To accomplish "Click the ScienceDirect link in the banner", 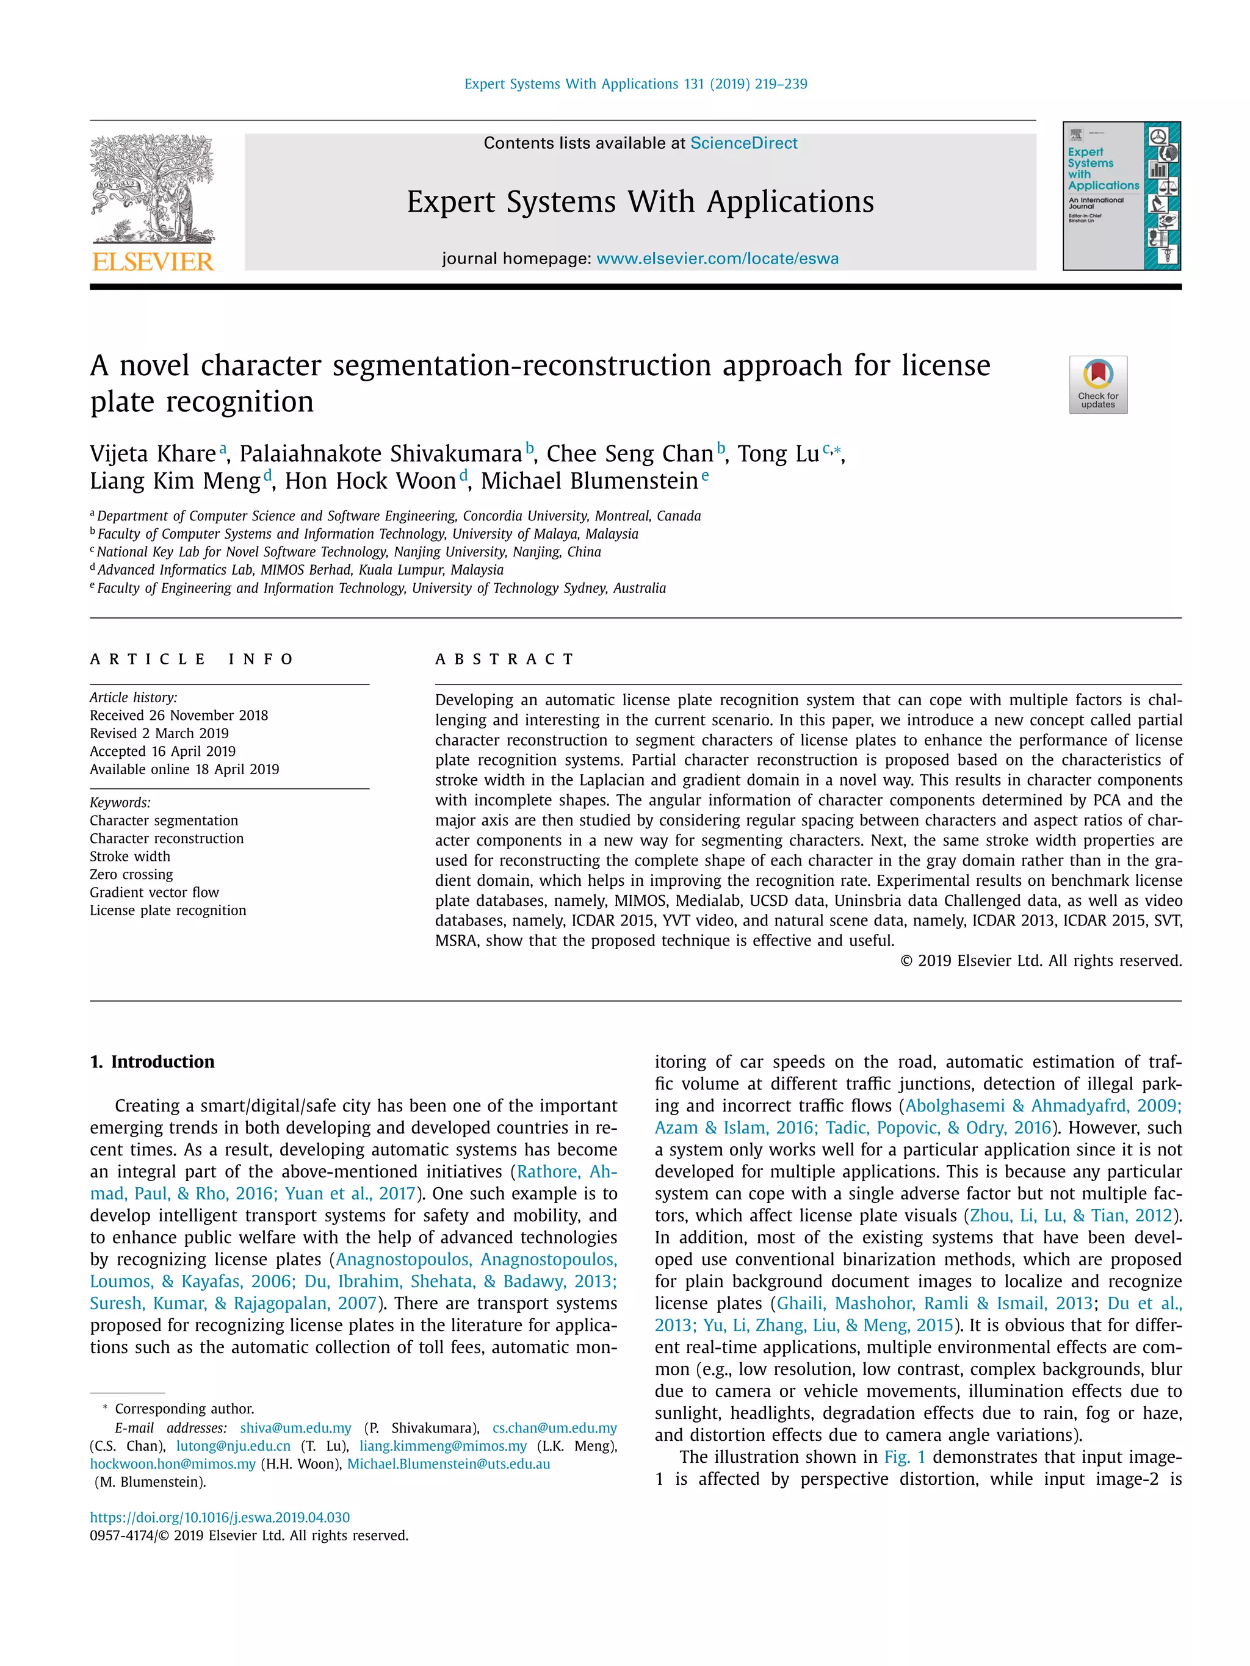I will pos(743,143).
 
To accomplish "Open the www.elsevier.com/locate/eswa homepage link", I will pos(717,258).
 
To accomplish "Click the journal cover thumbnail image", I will pos(1121,196).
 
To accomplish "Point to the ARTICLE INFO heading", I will pos(192,659).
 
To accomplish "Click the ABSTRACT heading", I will pos(504,659).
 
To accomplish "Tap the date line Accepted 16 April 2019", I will pos(163,751).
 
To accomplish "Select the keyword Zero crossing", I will pos(131,874).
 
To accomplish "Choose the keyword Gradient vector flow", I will pos(154,892).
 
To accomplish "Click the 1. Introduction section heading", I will pos(152,1061).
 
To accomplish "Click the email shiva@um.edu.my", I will pos(295,1428).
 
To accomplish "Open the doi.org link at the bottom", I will pos(219,1518).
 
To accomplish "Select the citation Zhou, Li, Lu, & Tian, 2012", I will pos(1071,1215).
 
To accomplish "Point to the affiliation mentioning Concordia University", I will pos(399,516).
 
